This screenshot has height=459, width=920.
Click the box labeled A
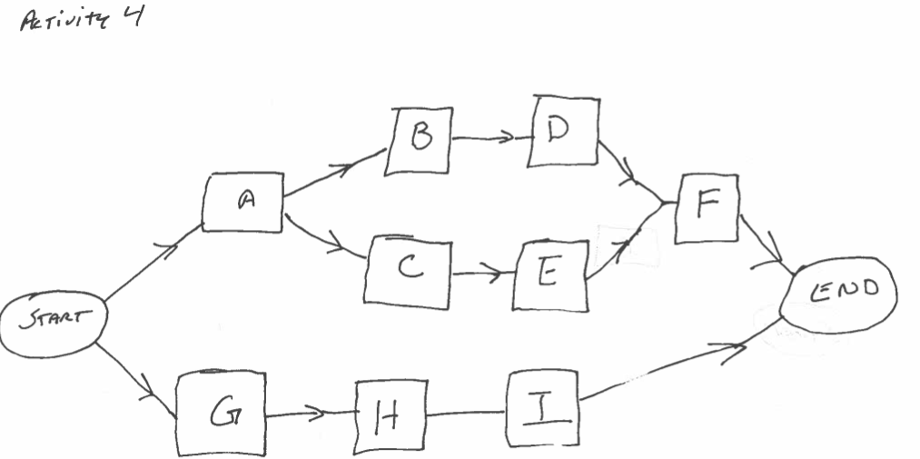click(242, 205)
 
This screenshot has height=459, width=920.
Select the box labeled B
click(418, 141)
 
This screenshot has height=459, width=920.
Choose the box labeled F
click(706, 209)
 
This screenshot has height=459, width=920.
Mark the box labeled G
click(222, 413)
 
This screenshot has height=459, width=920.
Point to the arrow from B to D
click(489, 139)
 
